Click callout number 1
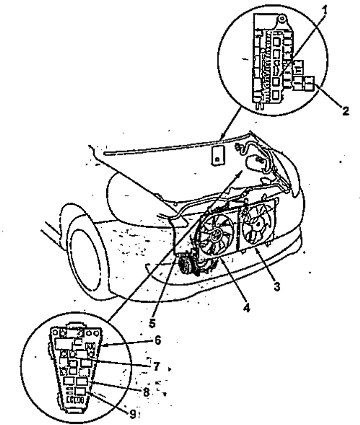(x=325, y=10)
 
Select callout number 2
(x=345, y=111)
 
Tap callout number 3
(x=277, y=286)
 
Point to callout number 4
(x=246, y=307)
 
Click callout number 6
(x=158, y=340)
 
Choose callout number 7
(x=157, y=367)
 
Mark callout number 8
(x=146, y=392)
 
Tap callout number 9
(x=133, y=414)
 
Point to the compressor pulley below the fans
(x=186, y=264)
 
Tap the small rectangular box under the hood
(x=218, y=155)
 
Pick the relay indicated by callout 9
(x=81, y=391)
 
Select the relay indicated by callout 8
(x=82, y=381)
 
